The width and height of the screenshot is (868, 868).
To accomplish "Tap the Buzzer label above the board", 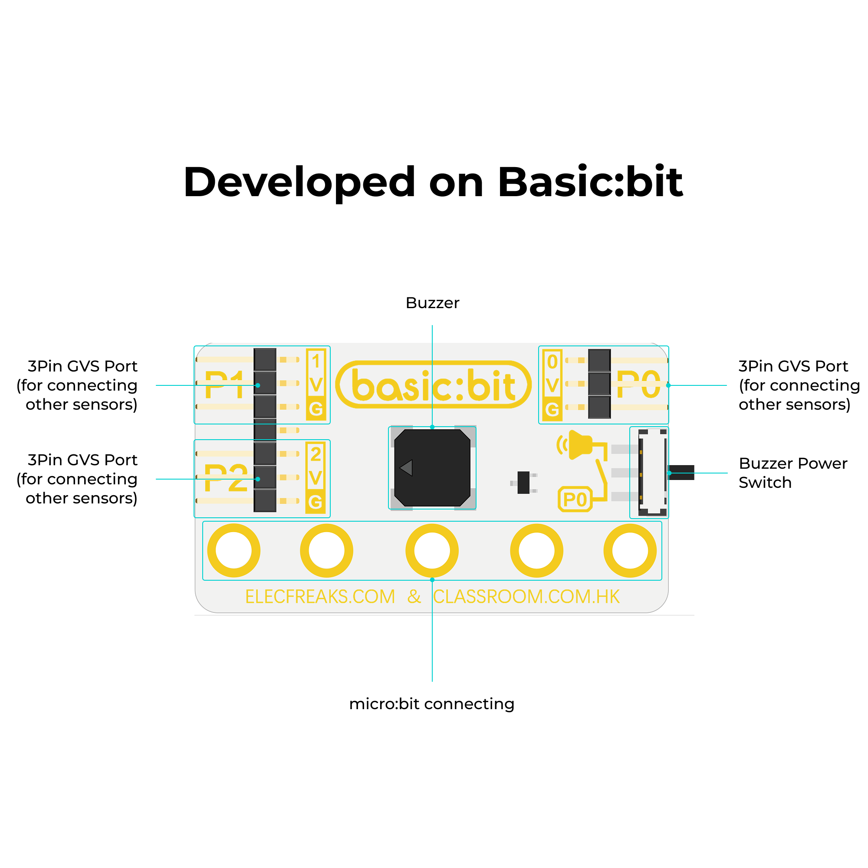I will [432, 303].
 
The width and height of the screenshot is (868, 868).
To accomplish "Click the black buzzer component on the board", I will [432, 468].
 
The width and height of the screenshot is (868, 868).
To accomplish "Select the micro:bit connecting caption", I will [431, 704].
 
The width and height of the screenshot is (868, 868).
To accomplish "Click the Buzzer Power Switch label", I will [793, 473].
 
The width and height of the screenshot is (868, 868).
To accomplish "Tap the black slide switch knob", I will [681, 472].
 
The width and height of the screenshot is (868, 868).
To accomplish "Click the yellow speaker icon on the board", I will [579, 445].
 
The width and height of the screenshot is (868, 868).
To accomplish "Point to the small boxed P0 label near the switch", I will [575, 499].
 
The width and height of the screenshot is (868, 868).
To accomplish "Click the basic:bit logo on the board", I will [433, 385].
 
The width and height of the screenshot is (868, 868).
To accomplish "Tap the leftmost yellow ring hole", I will [233, 550].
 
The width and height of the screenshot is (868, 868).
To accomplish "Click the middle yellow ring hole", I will [432, 550].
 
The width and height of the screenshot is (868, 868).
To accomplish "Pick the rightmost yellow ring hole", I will [630, 550].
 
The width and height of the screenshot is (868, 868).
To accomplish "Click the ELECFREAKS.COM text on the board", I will [320, 597].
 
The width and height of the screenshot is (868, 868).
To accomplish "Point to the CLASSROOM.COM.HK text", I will [526, 597].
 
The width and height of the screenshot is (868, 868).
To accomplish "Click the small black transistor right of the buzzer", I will [523, 483].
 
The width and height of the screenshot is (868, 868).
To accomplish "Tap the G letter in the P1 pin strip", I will [316, 409].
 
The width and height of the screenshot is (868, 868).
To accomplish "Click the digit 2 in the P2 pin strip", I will [316, 454].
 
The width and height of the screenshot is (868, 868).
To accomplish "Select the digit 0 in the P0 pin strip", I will [552, 362].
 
